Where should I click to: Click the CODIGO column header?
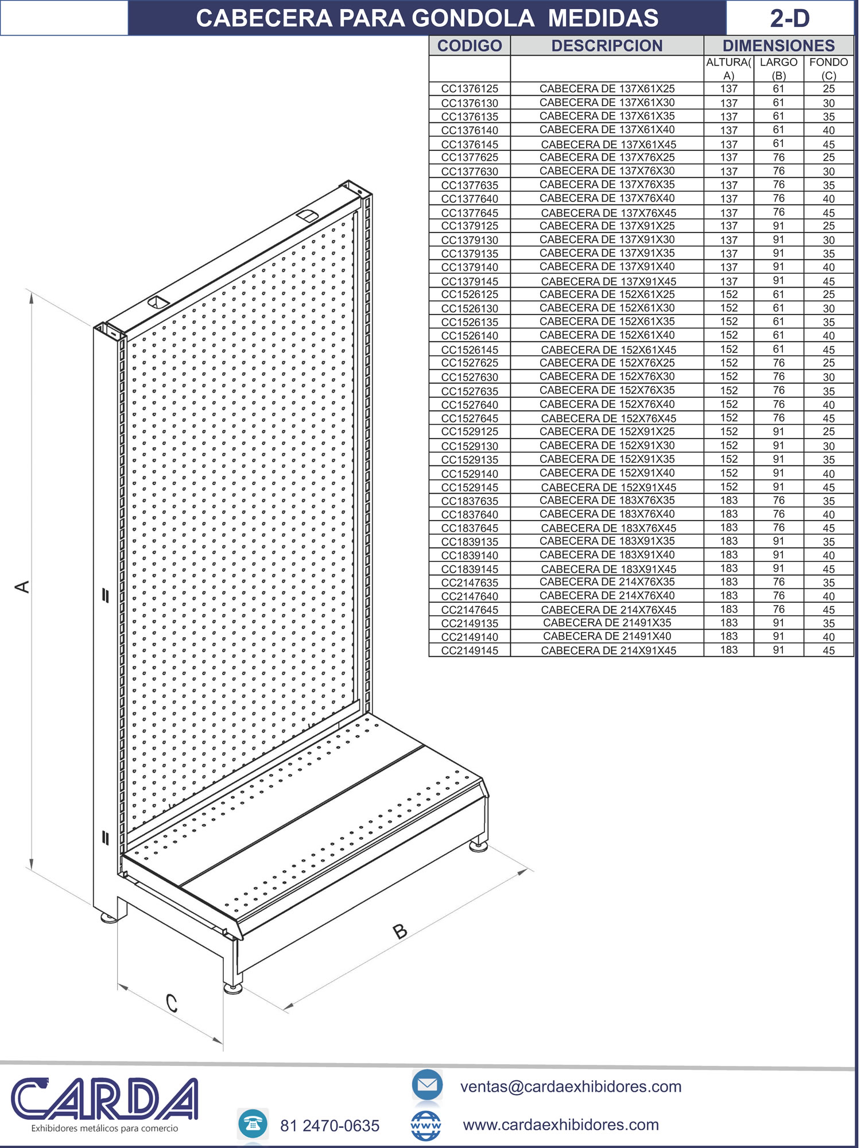[470, 46]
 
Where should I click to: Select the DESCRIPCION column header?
[607, 46]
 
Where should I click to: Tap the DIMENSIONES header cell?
[778, 46]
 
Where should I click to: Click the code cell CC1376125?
[470, 89]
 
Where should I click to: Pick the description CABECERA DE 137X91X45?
[608, 281]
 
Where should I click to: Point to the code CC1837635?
[470, 501]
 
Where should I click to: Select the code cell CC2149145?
[470, 650]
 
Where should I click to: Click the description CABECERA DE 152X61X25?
[607, 294]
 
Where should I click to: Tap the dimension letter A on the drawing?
[22, 587]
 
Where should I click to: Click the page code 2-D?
[790, 18]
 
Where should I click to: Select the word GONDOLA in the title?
[474, 18]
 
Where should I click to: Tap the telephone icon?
[253, 1124]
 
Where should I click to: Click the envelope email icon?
[427, 1085]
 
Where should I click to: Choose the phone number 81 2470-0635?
[329, 1126]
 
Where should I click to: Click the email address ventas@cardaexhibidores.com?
[571, 1087]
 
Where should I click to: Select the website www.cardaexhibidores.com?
[561, 1124]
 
